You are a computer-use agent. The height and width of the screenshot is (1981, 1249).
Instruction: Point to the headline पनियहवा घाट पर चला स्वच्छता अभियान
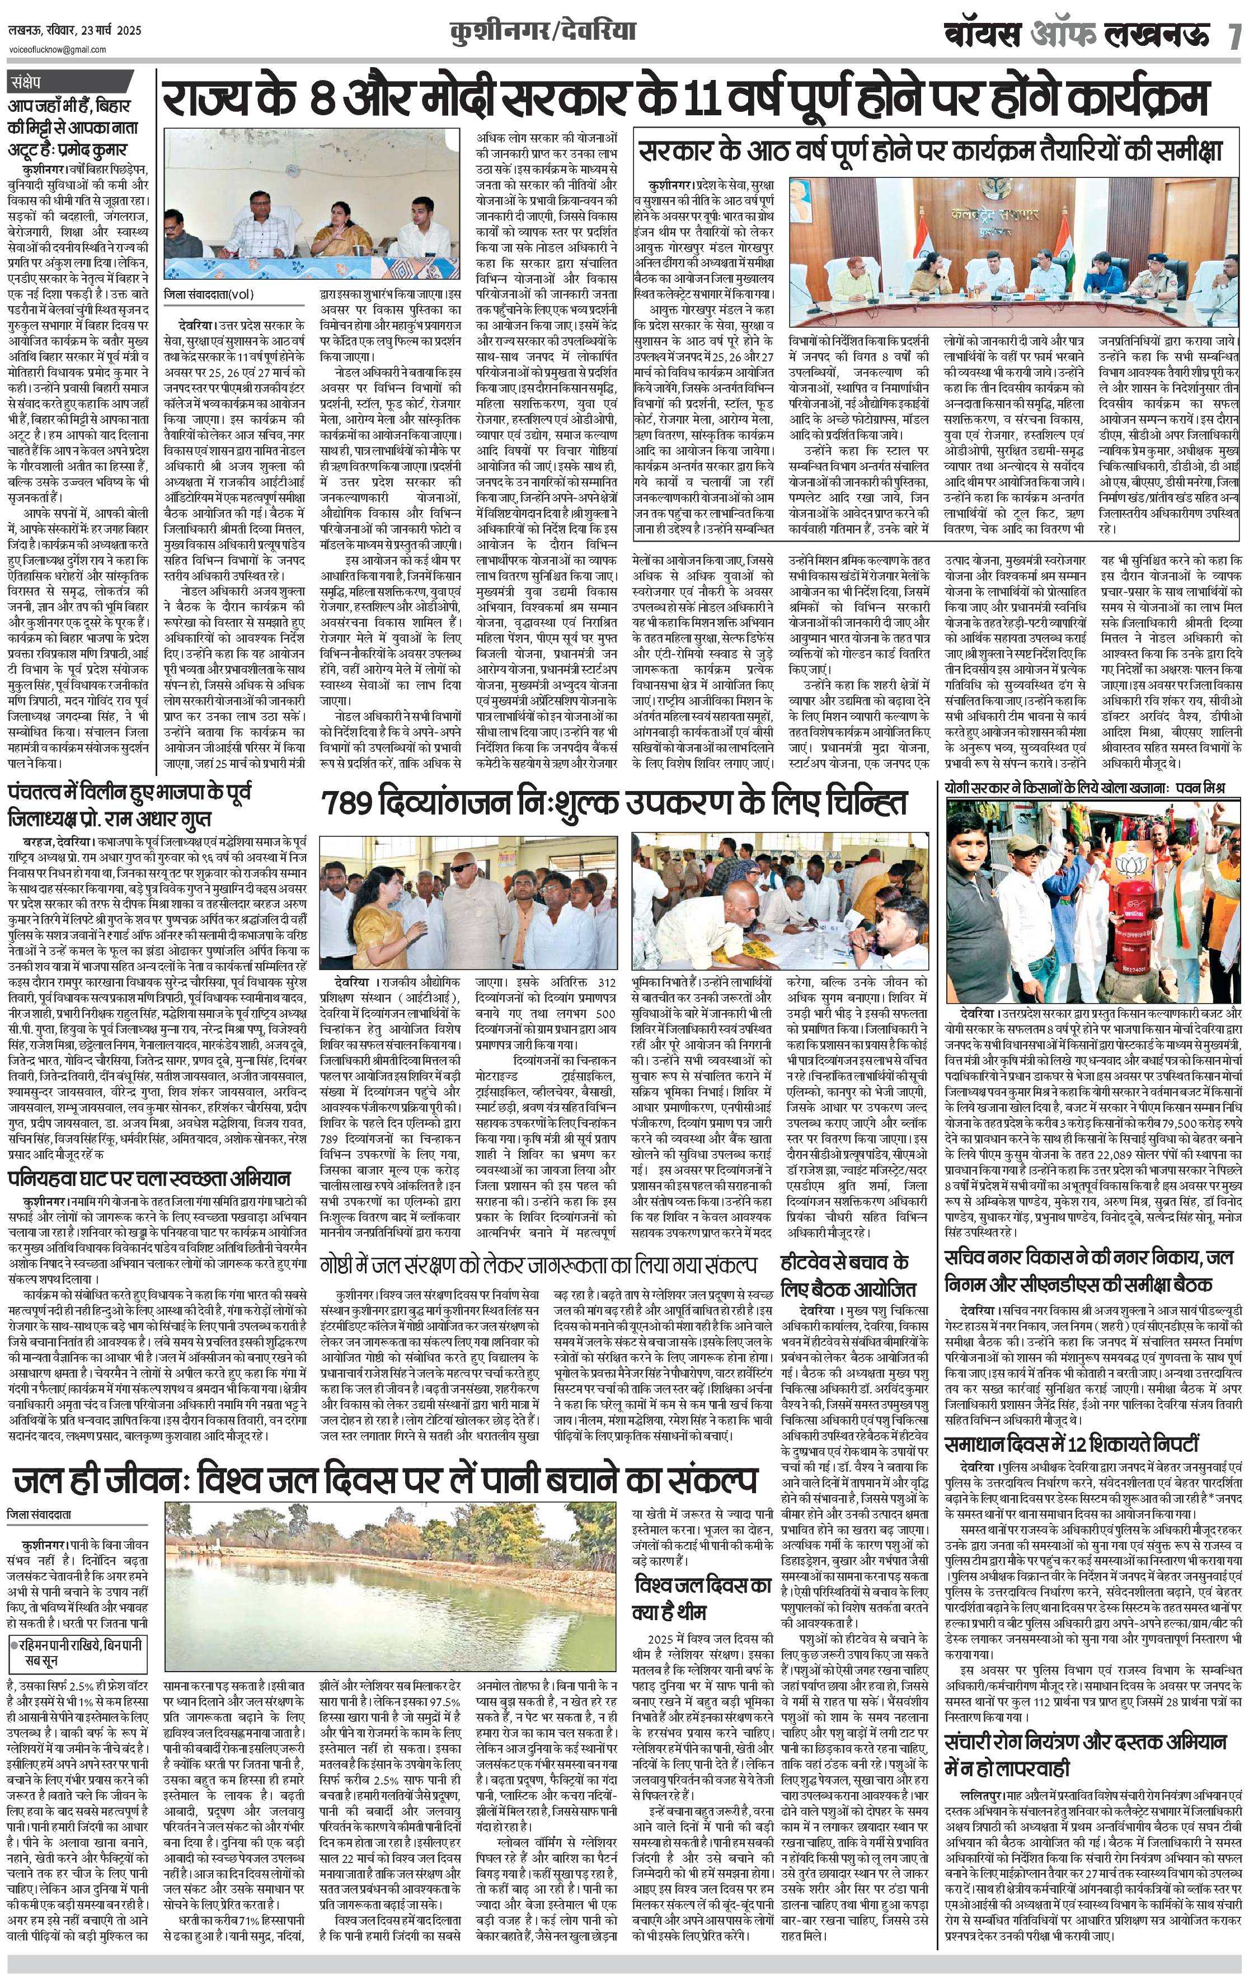pos(148,1177)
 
